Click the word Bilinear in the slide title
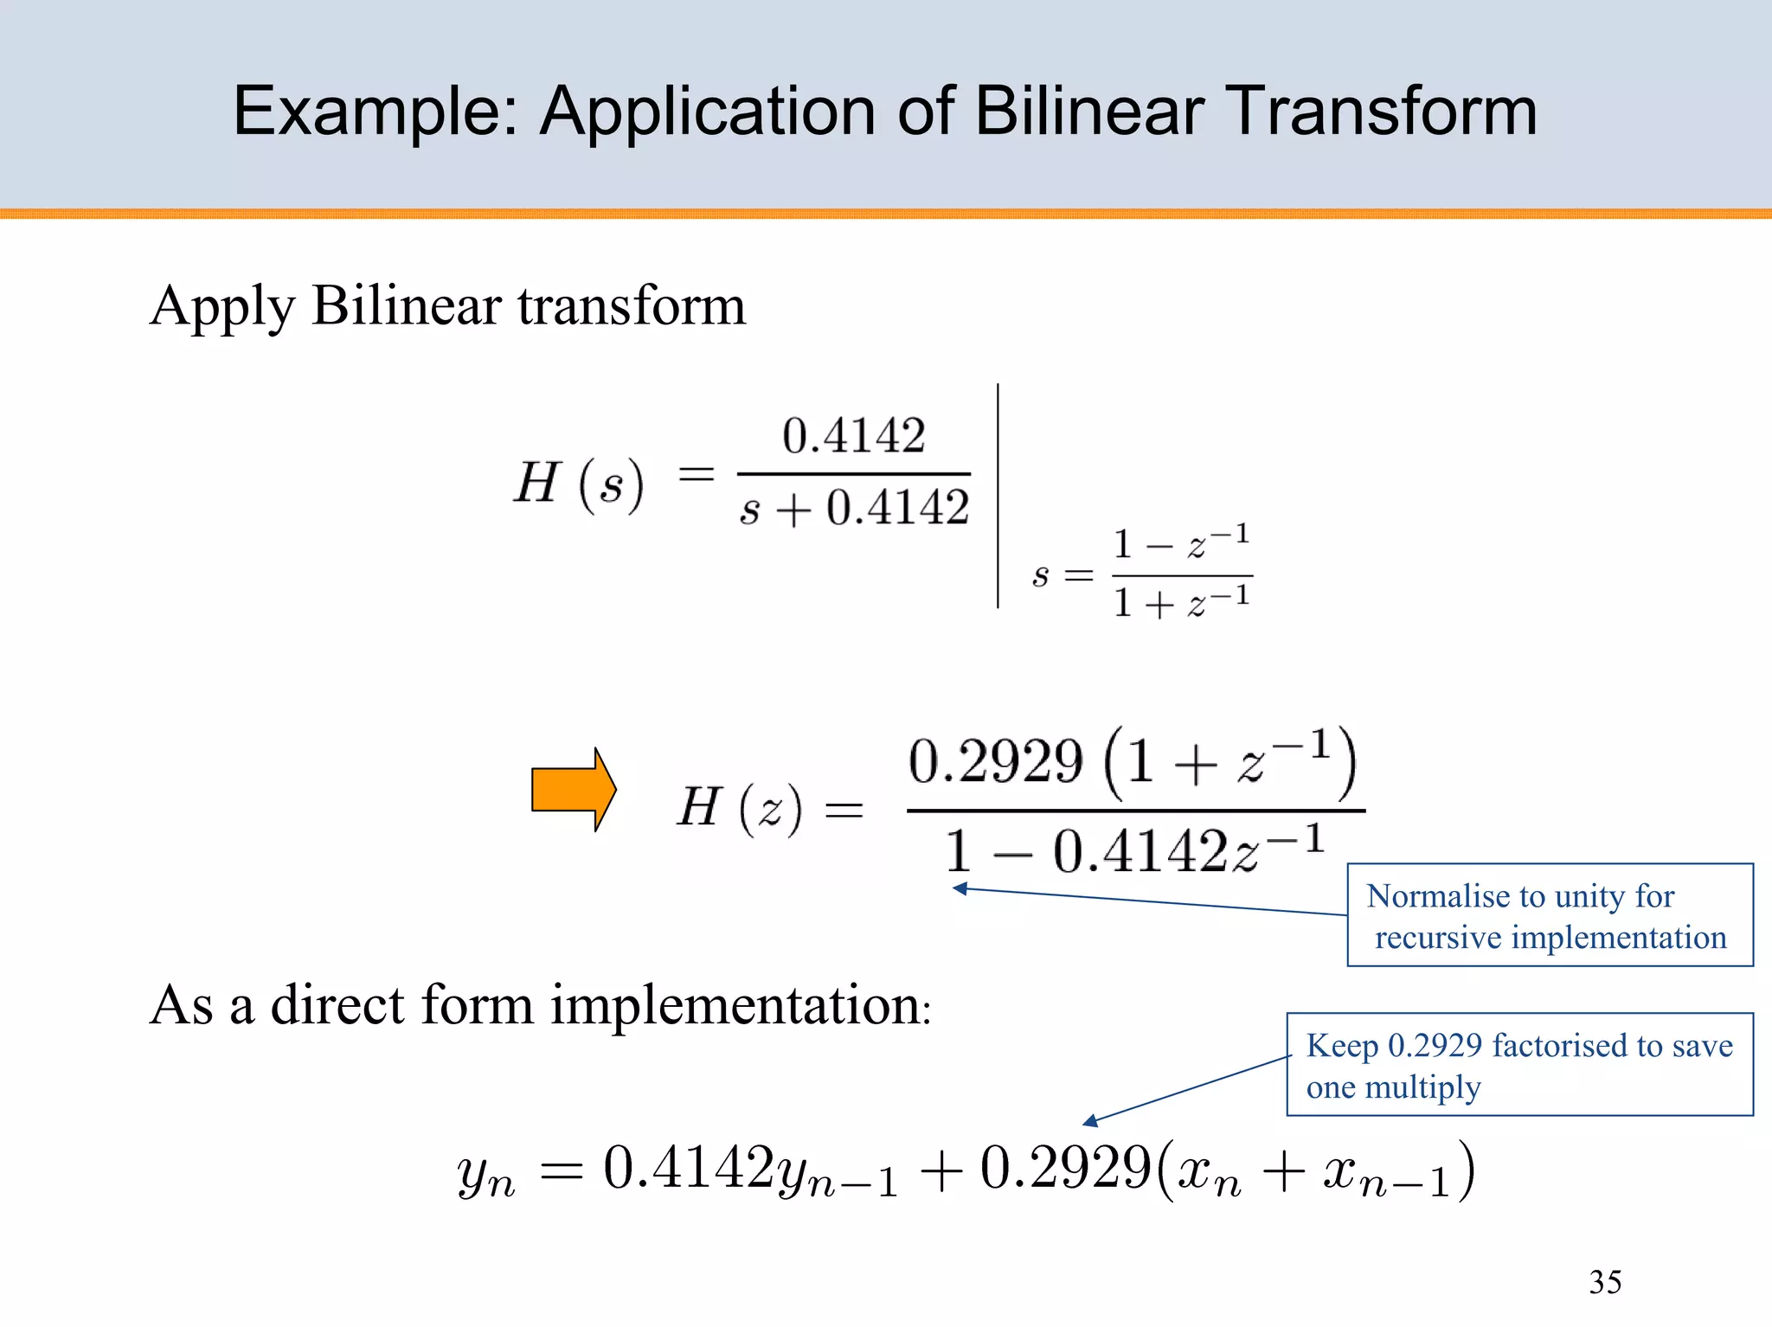(1089, 112)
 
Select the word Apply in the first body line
(222, 308)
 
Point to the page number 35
(1605, 1282)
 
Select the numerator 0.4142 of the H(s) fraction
(853, 435)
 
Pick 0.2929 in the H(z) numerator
(995, 762)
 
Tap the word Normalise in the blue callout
(1435, 896)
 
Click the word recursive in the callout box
(1437, 938)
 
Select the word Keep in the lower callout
(1342, 1046)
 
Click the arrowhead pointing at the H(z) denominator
(959, 888)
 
